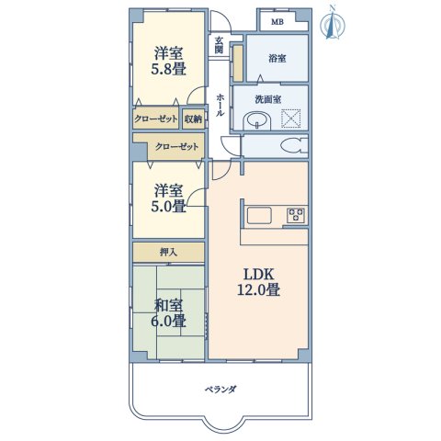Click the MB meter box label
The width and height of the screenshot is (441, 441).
pos(277,22)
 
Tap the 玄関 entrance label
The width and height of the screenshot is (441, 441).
pos(219,45)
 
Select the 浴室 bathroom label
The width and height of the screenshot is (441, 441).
pos(277,58)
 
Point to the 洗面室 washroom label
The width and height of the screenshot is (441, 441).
pos(268,99)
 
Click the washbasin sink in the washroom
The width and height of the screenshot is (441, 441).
pos(257,120)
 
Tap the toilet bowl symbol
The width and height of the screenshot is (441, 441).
pos(293,145)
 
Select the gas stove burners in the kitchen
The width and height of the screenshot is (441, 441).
pos(296,214)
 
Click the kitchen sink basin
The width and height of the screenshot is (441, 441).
pos(259,215)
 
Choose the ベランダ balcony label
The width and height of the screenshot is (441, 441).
pos(220,390)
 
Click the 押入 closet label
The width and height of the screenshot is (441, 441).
pos(168,252)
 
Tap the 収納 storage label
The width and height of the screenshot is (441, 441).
pos(193,119)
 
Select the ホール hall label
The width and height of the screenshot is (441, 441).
pos(220,105)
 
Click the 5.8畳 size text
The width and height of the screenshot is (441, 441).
pos(168,69)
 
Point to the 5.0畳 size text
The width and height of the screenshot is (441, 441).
pos(168,206)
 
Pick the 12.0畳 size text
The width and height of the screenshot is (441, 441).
pos(259,289)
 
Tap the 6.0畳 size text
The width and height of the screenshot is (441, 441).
pos(168,321)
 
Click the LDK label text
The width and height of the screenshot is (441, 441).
pos(259,275)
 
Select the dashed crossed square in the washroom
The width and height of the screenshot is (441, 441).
pos(291,119)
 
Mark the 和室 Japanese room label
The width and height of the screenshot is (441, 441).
pos(168,305)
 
